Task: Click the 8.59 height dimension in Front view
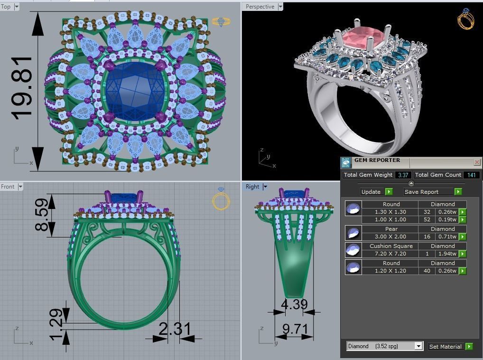(41, 214)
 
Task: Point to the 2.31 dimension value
(175, 329)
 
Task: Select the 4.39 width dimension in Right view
(294, 304)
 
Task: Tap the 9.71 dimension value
(295, 329)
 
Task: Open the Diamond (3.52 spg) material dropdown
(418, 346)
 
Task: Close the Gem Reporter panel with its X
(477, 162)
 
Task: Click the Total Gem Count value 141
(472, 175)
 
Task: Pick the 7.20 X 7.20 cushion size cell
(390, 254)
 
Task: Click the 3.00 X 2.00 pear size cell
(390, 237)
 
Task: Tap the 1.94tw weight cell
(447, 254)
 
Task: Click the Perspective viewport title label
(260, 7)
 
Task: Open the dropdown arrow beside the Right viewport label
(265, 187)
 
